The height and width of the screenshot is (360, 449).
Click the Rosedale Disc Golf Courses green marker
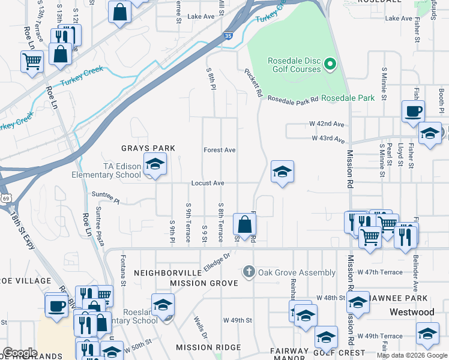pyautogui.click(x=330, y=64)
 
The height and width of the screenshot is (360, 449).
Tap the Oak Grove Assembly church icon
pyautogui.click(x=249, y=272)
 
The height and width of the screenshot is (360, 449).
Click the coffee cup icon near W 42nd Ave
pyautogui.click(x=413, y=111)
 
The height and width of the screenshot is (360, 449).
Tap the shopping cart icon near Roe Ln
pyautogui.click(x=32, y=61)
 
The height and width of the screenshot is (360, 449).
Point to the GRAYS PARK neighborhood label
pyautogui.click(x=148, y=148)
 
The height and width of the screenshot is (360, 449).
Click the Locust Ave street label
pyautogui.click(x=208, y=183)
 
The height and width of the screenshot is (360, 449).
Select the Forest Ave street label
pyautogui.click(x=219, y=150)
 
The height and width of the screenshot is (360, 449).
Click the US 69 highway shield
pyautogui.click(x=5, y=197)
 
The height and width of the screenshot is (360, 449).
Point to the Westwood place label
pyautogui.click(x=411, y=312)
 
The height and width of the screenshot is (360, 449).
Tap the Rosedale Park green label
pyautogui.click(x=348, y=98)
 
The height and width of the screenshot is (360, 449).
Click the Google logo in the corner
pyautogui.click(x=20, y=352)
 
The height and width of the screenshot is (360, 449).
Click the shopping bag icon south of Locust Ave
pyautogui.click(x=244, y=225)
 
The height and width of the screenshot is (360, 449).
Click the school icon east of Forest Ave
pyautogui.click(x=282, y=172)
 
